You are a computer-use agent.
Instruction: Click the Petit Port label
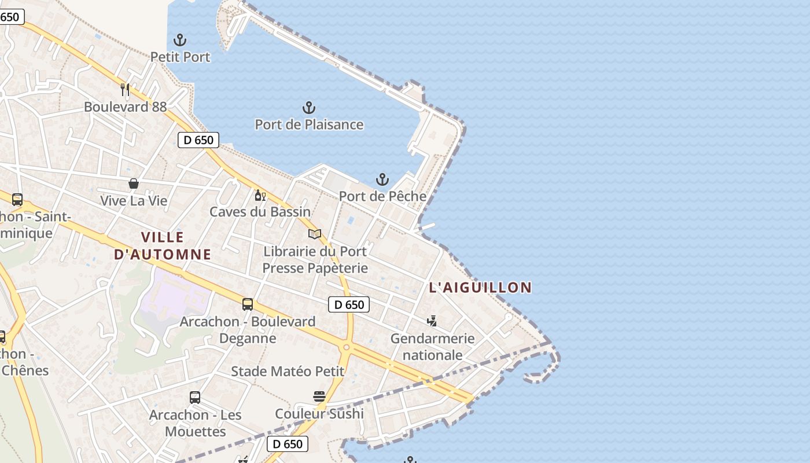(x=180, y=57)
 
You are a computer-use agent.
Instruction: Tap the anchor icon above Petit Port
(x=180, y=40)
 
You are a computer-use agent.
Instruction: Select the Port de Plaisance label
(x=309, y=124)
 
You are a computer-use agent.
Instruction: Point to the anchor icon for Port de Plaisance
(x=309, y=107)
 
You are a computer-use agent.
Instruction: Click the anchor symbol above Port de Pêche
(x=382, y=179)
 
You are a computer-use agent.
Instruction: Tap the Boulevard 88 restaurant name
(x=125, y=107)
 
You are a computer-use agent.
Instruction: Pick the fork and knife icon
(x=125, y=89)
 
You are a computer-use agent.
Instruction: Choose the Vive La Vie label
(x=134, y=201)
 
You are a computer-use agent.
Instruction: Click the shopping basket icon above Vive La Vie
(x=134, y=183)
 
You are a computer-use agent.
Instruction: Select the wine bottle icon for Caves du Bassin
(x=260, y=195)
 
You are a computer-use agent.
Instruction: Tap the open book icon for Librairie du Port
(x=315, y=234)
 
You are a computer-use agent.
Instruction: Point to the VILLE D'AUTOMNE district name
(x=163, y=245)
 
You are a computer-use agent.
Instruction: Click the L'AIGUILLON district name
(x=480, y=287)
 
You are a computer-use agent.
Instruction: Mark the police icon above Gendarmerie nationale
(x=432, y=321)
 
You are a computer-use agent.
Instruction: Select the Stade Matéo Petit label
(x=288, y=372)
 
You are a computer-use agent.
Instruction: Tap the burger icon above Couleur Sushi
(x=319, y=396)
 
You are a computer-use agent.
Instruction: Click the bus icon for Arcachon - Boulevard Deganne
(x=248, y=304)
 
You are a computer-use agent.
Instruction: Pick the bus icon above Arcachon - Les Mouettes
(x=195, y=398)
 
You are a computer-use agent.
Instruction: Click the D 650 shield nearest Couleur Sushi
(x=288, y=444)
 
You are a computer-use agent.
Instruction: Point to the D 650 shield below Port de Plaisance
(x=198, y=139)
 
